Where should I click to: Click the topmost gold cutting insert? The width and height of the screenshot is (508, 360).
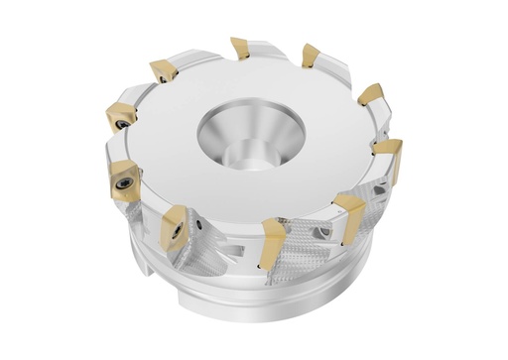[x=239, y=47]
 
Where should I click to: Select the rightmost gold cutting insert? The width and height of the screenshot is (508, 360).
[x=389, y=156]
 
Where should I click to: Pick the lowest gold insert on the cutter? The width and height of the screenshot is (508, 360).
[x=273, y=240]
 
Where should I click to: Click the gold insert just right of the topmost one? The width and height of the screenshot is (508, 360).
[x=311, y=55]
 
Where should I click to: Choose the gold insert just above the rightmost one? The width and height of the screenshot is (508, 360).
[x=371, y=96]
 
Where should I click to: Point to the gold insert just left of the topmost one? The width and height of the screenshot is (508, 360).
[x=163, y=70]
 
